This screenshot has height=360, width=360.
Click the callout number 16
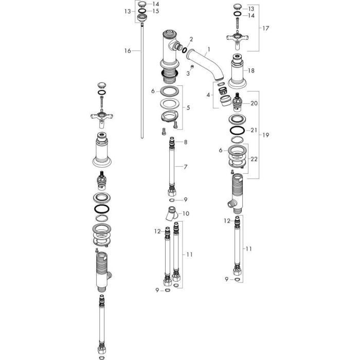coord(128,51)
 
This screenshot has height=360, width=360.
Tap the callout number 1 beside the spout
coord(209,49)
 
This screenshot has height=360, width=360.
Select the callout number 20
coord(254,103)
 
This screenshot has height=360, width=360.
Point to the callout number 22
coord(254,159)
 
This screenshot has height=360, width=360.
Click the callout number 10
coord(186,213)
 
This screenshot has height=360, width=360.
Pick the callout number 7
coord(186,167)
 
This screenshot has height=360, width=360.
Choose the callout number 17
coord(266,28)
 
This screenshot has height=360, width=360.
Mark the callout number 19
coord(266,135)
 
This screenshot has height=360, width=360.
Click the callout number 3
coord(188,74)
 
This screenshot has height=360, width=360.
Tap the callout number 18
coord(251,70)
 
